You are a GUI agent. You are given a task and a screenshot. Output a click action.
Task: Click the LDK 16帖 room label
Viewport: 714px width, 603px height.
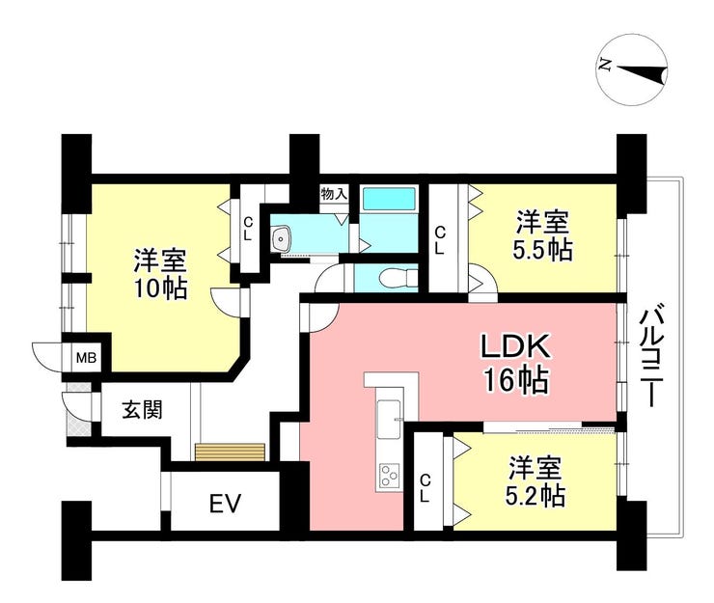(515, 364)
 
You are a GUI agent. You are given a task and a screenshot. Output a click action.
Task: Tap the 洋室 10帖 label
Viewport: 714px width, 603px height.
(160, 275)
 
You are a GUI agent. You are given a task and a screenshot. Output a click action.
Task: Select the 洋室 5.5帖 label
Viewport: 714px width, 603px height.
(542, 235)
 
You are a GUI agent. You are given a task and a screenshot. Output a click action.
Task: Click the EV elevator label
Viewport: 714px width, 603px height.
(226, 504)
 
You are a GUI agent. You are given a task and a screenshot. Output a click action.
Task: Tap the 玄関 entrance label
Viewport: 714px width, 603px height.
(142, 410)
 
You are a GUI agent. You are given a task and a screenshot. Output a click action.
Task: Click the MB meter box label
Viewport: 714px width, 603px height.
(86, 358)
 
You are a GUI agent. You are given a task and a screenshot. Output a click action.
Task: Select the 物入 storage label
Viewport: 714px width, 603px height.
(334, 194)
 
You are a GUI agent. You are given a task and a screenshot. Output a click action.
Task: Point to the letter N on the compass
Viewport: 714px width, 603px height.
(605, 66)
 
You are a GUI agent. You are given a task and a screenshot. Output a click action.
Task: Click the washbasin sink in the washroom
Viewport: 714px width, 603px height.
(283, 238)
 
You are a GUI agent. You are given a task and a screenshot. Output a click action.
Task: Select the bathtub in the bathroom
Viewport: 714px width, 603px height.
(390, 199)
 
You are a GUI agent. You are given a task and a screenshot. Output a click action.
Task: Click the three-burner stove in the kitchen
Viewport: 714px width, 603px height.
(390, 477)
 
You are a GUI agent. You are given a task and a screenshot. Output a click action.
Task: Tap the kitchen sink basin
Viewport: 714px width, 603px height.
(390, 418)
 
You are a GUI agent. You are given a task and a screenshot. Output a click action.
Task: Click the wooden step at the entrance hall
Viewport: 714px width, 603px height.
(231, 452)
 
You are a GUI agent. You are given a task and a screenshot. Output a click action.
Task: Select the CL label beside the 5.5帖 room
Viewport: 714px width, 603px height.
(440, 240)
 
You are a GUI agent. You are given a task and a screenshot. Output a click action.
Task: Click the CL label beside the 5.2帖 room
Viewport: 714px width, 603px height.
(425, 487)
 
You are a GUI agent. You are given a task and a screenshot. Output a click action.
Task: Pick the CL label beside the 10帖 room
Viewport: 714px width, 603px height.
(248, 229)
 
